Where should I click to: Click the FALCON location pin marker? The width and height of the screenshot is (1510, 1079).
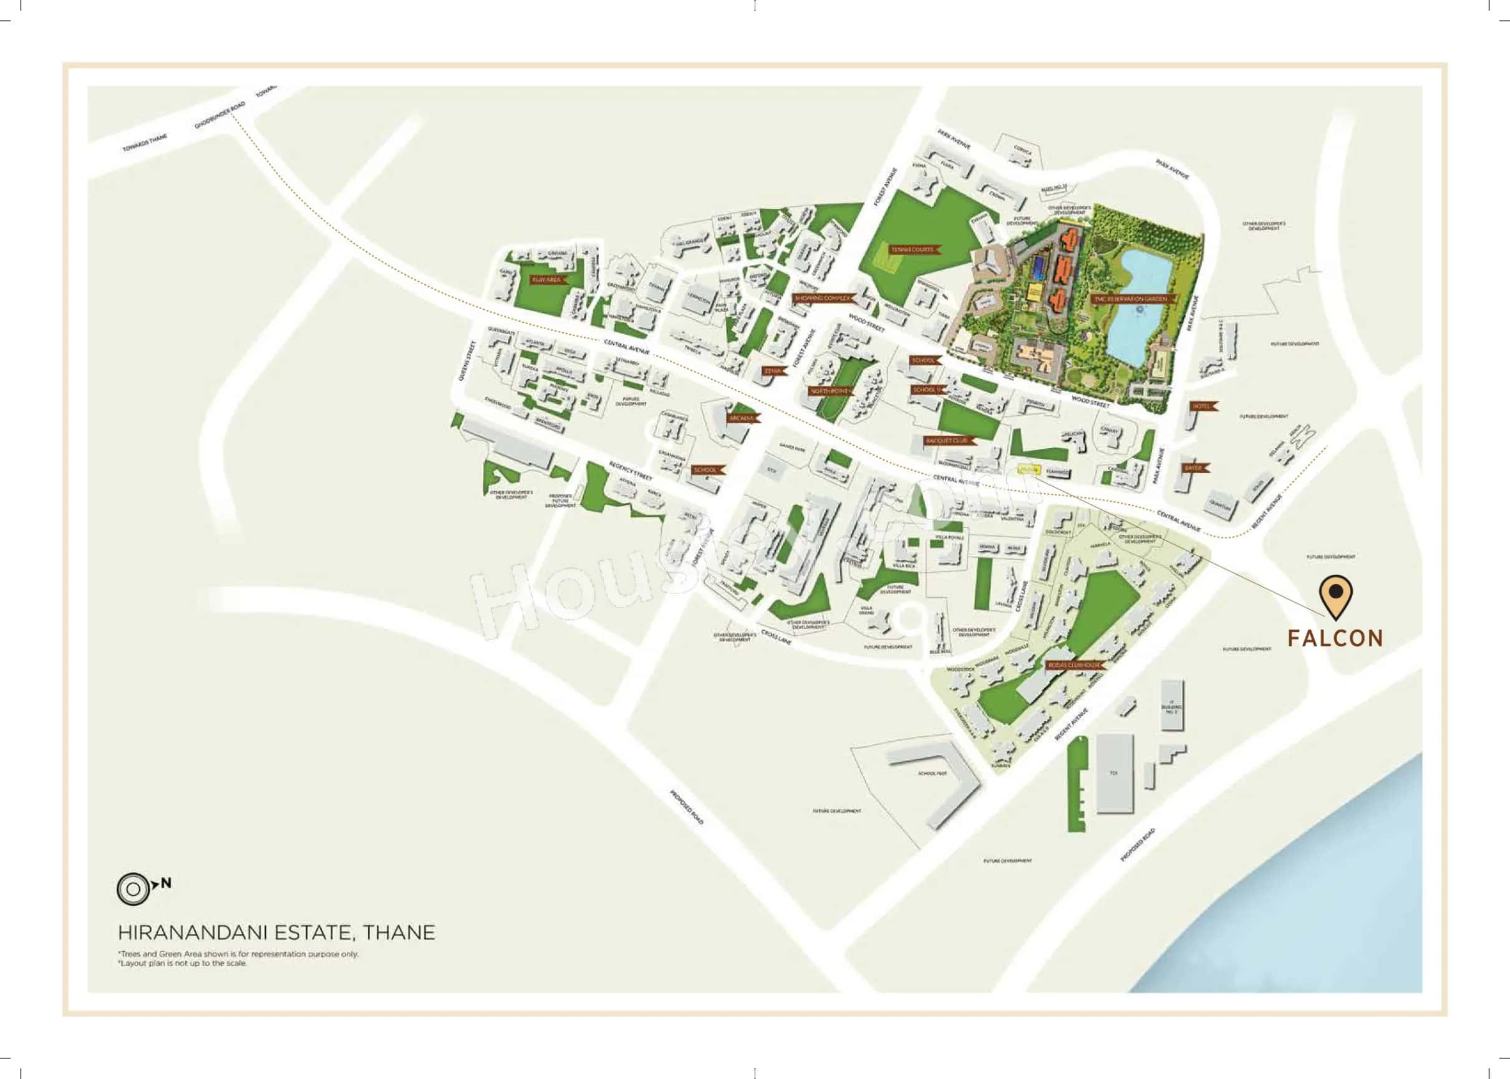(1336, 596)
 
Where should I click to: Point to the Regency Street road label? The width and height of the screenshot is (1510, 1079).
(630, 471)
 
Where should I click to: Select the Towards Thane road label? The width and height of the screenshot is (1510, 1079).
(145, 142)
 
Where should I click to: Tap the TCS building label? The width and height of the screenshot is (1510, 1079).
(1113, 774)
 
